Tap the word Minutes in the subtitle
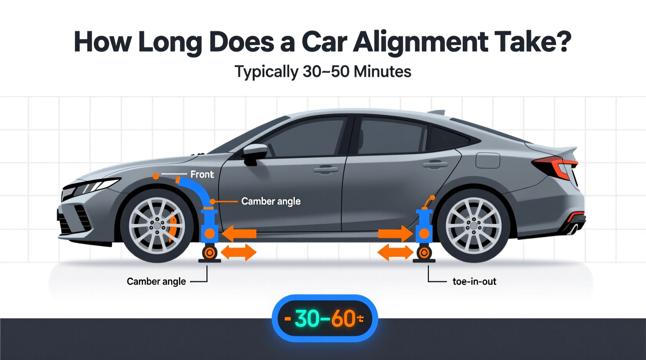[382, 72]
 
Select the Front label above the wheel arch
[202, 175]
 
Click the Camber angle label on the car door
[271, 201]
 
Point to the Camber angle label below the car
[156, 281]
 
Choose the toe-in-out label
[474, 281]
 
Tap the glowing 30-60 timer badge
[325, 318]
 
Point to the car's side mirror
[255, 152]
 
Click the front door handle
[325, 169]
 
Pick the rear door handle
[435, 164]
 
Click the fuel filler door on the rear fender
[488, 160]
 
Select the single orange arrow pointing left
[239, 234]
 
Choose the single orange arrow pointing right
[395, 234]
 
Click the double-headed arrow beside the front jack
[238, 253]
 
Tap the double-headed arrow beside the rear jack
[395, 253]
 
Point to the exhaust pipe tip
[574, 229]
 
